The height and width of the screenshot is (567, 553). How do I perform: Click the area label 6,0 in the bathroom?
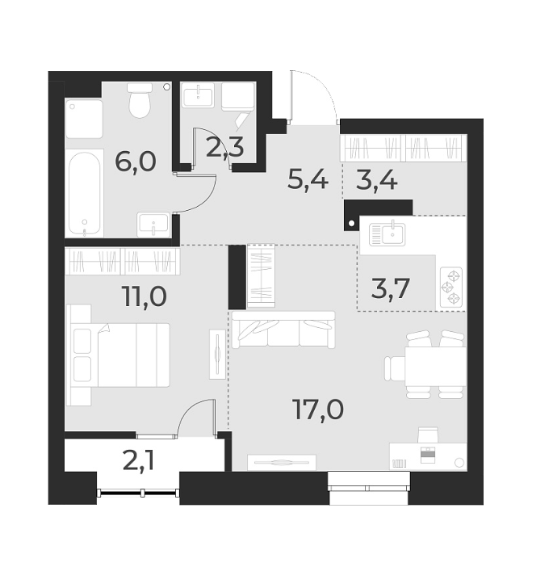[135, 162]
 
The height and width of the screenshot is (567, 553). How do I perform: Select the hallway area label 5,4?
[308, 179]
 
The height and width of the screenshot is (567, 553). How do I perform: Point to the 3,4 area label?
[377, 179]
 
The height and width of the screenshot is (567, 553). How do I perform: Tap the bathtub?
[85, 191]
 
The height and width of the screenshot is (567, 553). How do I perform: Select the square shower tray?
[85, 119]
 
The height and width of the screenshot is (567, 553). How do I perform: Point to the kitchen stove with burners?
[450, 288]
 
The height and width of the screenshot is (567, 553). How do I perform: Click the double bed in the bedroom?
[121, 355]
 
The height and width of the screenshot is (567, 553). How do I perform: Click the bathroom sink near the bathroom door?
[153, 222]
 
